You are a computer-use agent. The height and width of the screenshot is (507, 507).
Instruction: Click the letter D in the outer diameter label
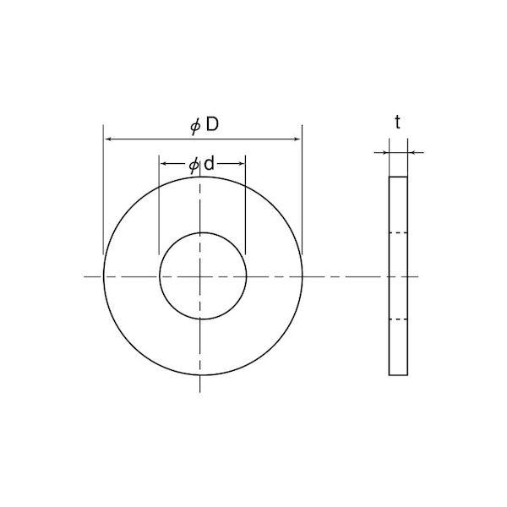tap(212, 124)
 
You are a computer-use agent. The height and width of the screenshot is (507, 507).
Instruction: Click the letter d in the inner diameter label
tap(210, 164)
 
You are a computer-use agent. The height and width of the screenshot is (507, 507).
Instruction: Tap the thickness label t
tap(398, 123)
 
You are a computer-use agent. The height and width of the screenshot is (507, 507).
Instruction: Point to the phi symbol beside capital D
tap(196, 127)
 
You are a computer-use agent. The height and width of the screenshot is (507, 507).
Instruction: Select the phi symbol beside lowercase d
tap(194, 166)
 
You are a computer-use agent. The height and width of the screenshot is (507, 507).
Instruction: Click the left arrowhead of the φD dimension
tap(109, 139)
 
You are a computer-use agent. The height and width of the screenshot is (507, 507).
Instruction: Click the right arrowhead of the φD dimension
tap(297, 139)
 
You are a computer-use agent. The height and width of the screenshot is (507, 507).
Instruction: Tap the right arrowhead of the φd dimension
tap(240, 164)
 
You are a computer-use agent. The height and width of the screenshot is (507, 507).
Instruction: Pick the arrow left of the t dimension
tap(382, 153)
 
